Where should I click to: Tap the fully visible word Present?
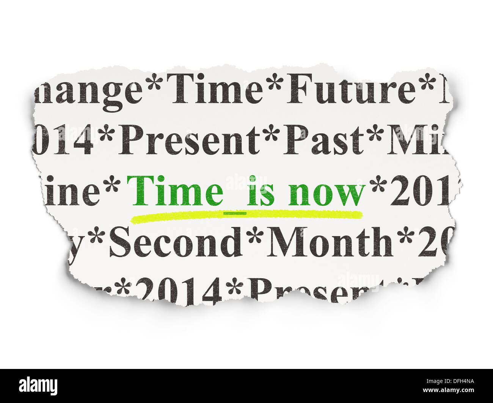point(188,141)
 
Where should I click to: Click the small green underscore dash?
point(235,213)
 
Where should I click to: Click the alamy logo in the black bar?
point(38,386)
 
